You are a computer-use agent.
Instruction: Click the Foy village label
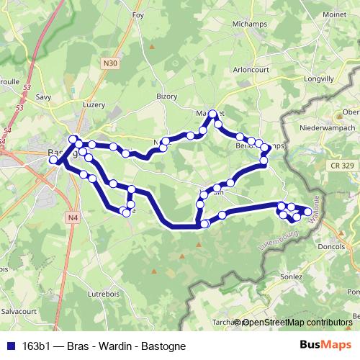(x=139, y=14)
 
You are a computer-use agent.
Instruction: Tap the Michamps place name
(x=230, y=24)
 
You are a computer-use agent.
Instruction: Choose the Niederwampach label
(x=328, y=127)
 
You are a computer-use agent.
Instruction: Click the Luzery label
(x=94, y=104)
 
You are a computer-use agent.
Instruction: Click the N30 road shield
(x=110, y=63)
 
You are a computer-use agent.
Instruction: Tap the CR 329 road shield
(x=343, y=166)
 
